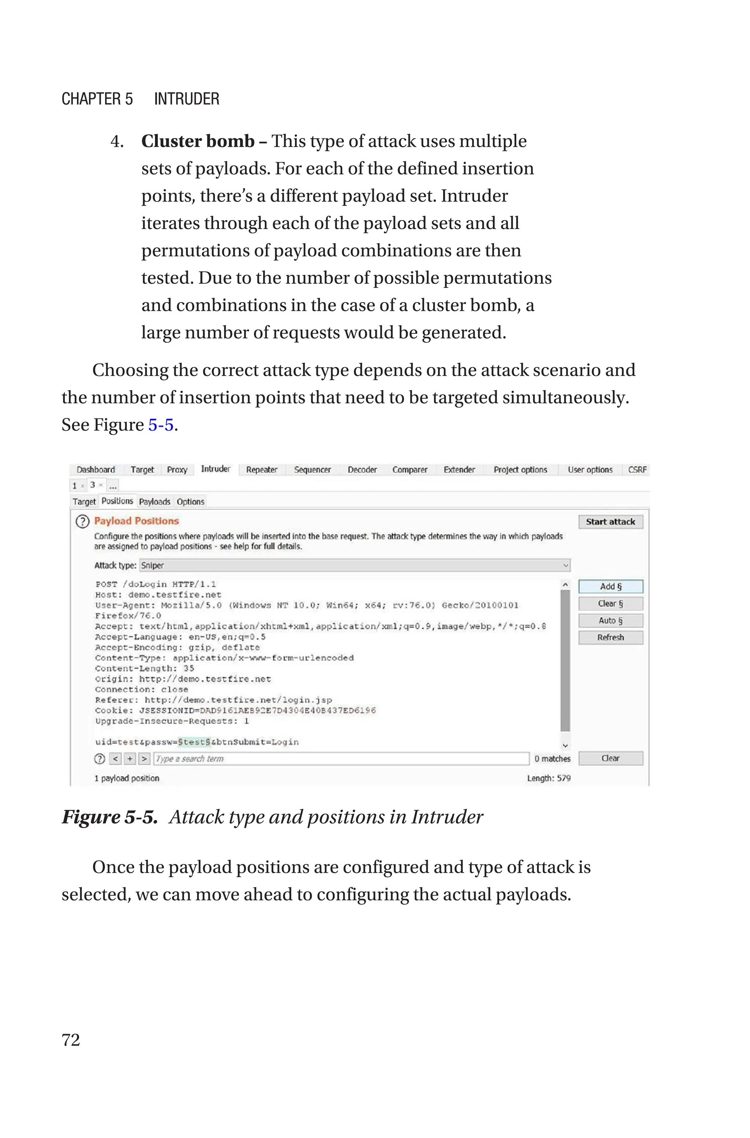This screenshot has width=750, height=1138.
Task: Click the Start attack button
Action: coord(610,522)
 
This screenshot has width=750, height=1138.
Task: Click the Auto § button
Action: coord(610,621)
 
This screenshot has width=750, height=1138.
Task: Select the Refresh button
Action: coord(610,637)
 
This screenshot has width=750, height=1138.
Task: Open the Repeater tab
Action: coord(261,470)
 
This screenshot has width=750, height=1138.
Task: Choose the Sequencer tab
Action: coord(312,470)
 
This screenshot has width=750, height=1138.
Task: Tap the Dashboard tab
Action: coord(96,470)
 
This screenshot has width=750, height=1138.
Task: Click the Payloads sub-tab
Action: coord(155,501)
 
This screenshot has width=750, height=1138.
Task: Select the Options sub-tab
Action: coord(190,501)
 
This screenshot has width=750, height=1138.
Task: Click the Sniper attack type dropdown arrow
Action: coord(565,566)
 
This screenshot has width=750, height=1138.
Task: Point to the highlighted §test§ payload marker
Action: coord(194,742)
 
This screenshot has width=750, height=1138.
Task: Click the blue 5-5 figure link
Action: coord(161,425)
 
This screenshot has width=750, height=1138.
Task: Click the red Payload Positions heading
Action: coord(136,521)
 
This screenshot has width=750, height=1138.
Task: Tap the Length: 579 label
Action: coord(549,778)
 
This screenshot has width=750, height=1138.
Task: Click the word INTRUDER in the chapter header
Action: coord(186,99)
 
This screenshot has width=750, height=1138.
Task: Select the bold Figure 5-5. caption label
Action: coord(109,817)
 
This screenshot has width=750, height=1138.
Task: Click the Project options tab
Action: coord(520,470)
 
